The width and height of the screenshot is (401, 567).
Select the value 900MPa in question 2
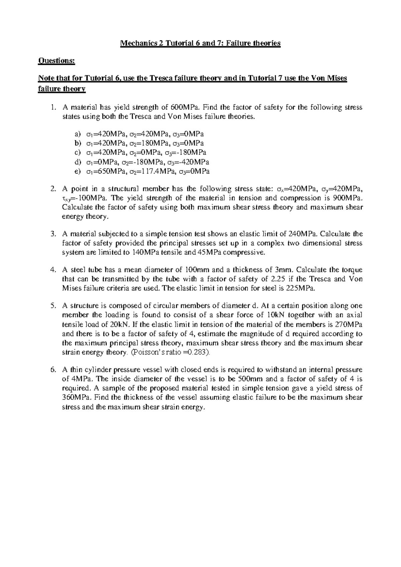click(x=348, y=198)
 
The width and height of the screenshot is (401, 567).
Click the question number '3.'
click(x=53, y=234)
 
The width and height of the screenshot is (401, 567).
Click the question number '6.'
click(x=53, y=370)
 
